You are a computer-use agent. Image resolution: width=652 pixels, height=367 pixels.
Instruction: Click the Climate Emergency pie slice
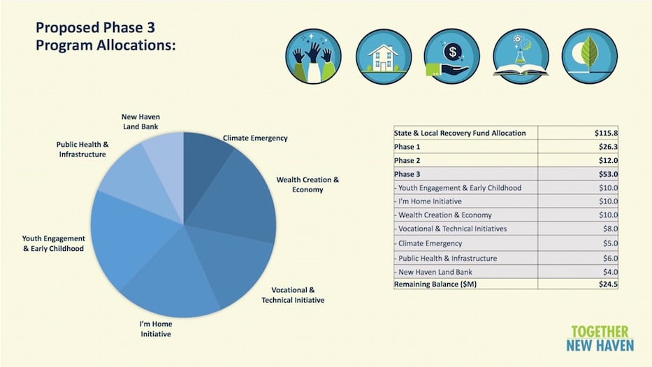205,166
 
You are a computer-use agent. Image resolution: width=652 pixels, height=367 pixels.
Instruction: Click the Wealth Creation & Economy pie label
307,185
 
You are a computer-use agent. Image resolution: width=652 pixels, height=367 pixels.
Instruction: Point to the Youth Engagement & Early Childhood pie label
53,243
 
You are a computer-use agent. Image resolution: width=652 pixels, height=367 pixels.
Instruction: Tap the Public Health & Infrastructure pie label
82,149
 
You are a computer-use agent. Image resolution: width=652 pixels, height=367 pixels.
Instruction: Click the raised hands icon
313,56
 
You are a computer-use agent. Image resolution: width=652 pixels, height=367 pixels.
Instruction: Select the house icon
384,56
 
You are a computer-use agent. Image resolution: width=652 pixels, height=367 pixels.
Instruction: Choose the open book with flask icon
521,56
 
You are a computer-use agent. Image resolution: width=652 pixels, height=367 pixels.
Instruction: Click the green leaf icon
590,56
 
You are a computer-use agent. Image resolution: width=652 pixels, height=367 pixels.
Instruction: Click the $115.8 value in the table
606,133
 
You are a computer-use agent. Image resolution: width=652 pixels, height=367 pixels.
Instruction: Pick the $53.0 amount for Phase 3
608,174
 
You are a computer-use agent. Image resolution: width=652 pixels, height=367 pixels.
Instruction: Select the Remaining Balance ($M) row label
435,285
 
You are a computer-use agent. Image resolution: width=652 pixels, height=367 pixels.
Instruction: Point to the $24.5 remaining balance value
608,285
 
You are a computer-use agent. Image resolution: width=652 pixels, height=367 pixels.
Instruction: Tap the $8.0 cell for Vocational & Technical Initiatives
610,229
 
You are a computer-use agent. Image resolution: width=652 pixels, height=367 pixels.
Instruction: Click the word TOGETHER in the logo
600,331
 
